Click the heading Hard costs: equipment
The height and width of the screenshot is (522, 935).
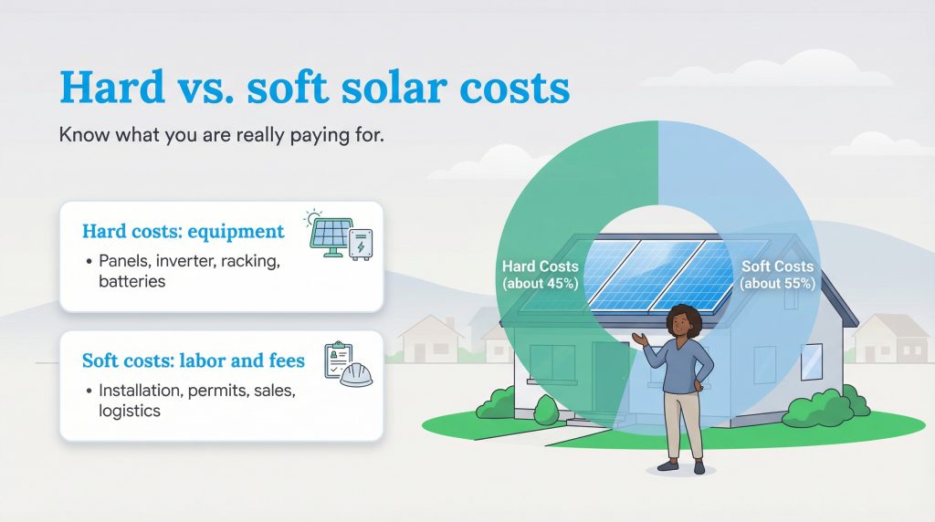point(183,231)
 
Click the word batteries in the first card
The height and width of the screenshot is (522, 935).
point(132,281)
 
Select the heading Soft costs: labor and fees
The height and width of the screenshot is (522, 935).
point(194,361)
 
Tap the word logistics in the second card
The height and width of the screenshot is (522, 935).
point(130,411)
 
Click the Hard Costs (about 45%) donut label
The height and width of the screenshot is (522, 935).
point(540,274)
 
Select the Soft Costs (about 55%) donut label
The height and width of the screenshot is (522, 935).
point(777,274)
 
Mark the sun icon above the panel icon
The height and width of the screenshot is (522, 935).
point(315,216)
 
